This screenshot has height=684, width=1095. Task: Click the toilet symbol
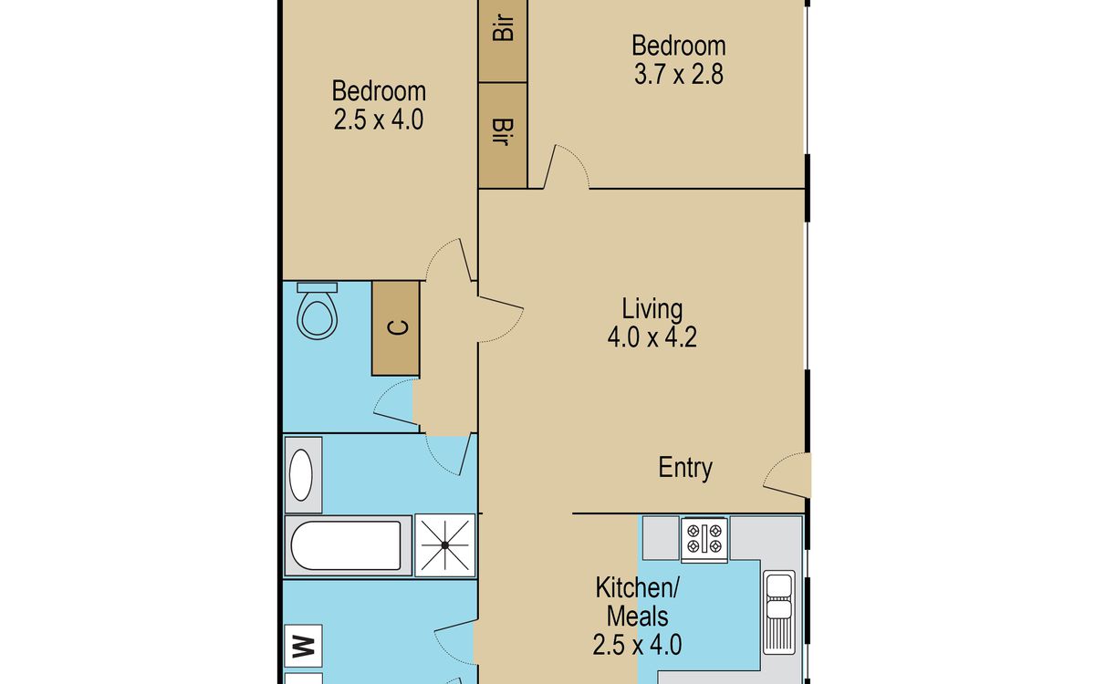click(x=318, y=311)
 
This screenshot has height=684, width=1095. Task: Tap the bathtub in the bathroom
click(x=346, y=545)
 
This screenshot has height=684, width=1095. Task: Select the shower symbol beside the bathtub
click(x=445, y=544)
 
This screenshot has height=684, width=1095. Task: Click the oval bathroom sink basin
click(x=301, y=475)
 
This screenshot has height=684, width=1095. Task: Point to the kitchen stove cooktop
click(x=704, y=538)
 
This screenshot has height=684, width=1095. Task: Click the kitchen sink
click(x=779, y=612)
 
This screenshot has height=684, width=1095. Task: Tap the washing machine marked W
click(x=303, y=646)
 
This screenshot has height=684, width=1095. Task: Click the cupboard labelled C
click(x=395, y=327)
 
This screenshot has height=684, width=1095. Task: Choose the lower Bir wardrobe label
click(x=502, y=132)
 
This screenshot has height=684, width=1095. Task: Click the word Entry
click(x=685, y=468)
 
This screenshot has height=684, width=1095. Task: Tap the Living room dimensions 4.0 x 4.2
click(x=652, y=337)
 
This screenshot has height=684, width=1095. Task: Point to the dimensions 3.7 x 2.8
click(x=679, y=75)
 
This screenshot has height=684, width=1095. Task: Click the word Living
click(x=652, y=309)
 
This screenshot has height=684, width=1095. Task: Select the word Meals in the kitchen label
click(x=638, y=617)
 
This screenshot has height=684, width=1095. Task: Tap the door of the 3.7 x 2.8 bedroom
click(x=566, y=166)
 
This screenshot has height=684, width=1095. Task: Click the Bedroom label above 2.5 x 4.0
click(x=379, y=91)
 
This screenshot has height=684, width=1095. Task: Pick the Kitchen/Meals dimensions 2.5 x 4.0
click(x=637, y=645)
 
